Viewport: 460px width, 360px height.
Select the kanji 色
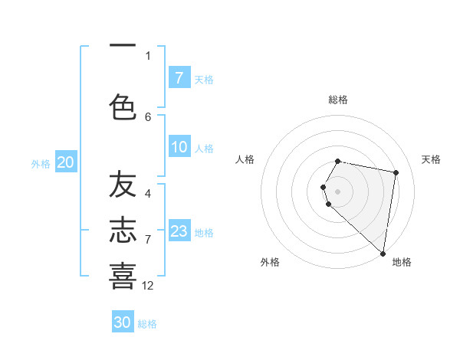[123, 106]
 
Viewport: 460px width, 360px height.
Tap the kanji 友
[123, 185]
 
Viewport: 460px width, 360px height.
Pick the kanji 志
[123, 230]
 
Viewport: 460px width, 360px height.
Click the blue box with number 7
[179, 78]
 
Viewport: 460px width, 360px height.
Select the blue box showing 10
[179, 147]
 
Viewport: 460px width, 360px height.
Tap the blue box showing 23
[179, 231]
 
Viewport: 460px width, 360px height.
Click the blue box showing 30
[123, 322]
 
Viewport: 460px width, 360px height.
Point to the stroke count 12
[148, 285]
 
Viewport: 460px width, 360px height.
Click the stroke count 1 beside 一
[148, 55]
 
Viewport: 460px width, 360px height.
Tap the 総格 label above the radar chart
[338, 100]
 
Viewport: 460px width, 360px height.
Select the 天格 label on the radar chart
[431, 159]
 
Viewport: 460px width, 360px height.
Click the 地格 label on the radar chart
[402, 262]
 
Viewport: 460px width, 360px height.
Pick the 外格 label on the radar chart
[270, 262]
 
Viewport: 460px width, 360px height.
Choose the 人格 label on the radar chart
[245, 159]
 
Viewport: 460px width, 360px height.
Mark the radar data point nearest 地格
[383, 253]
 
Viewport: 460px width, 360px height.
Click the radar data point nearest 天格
[396, 172]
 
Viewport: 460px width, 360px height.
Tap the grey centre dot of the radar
[338, 191]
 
